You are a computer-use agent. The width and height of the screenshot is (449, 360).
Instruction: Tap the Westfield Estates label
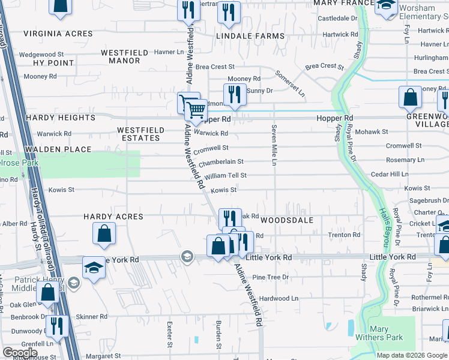coord(139,134)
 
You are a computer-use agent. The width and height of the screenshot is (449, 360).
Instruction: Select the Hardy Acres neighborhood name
coord(113,216)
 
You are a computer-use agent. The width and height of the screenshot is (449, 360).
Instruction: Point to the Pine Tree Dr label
coord(270,277)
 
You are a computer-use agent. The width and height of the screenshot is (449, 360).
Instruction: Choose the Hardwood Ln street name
coord(279,298)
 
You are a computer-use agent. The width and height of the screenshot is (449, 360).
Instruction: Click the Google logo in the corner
coord(20,352)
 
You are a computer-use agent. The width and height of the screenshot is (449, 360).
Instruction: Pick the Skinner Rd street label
coord(91,316)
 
